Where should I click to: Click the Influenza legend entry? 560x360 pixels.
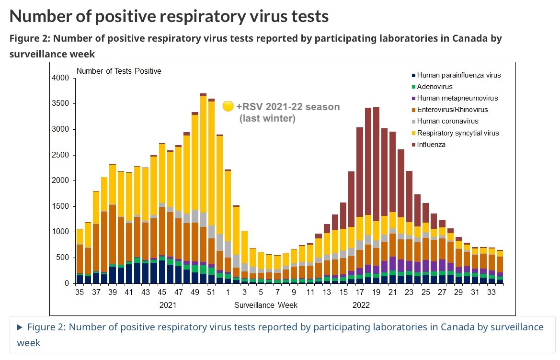(431, 145)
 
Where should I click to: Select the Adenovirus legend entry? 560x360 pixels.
(434, 87)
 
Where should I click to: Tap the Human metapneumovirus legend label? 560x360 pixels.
(457, 98)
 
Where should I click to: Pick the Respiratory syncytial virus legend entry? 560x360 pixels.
(457, 133)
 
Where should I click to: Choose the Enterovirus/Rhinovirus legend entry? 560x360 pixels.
(452, 110)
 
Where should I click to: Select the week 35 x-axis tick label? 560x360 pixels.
(80, 292)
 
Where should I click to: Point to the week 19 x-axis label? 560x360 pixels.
(377, 292)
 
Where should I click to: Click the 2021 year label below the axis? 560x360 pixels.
(168, 305)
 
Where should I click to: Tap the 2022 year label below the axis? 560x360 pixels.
(361, 305)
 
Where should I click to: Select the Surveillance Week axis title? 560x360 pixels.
(266, 305)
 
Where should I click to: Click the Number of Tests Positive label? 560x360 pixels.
(119, 71)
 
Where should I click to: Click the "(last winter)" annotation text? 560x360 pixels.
(267, 118)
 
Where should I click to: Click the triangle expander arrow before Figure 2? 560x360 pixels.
(20, 327)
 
